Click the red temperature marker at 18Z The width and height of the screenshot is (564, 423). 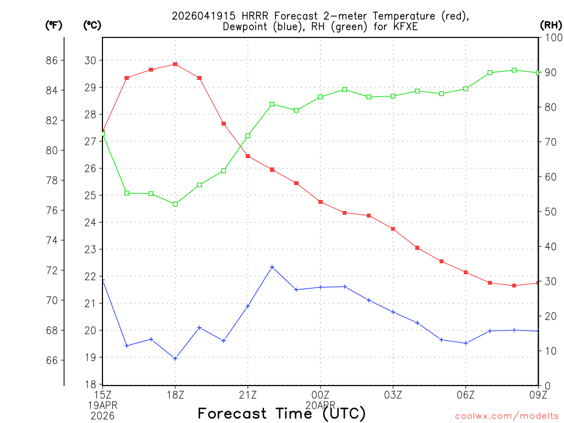point(175,64)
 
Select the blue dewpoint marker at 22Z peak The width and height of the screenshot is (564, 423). point(272,267)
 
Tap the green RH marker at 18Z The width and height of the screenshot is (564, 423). point(175,204)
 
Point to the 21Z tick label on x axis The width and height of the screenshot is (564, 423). point(248,394)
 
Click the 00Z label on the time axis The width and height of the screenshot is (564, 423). point(321,394)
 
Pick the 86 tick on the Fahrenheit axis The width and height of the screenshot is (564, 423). point(52,60)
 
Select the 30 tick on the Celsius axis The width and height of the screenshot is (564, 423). point(90,60)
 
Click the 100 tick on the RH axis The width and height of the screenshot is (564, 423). point(551,37)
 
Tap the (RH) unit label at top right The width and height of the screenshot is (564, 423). point(551,25)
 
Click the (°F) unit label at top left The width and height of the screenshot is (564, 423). point(53,25)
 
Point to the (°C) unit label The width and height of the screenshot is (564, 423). point(92,25)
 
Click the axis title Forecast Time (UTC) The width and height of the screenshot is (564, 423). point(281,413)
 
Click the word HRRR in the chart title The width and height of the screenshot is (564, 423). point(250,16)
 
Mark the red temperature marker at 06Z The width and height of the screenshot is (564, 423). point(466,272)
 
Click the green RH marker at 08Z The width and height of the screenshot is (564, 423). point(514,70)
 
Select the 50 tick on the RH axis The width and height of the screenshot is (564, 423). point(549,211)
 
